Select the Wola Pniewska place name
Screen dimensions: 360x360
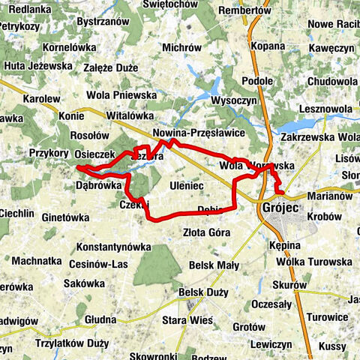(x=121, y=95)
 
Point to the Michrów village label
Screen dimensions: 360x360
(x=181, y=47)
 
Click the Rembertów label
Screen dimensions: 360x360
(x=243, y=10)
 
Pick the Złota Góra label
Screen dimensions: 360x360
(x=206, y=232)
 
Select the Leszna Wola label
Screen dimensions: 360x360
(x=325, y=108)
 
